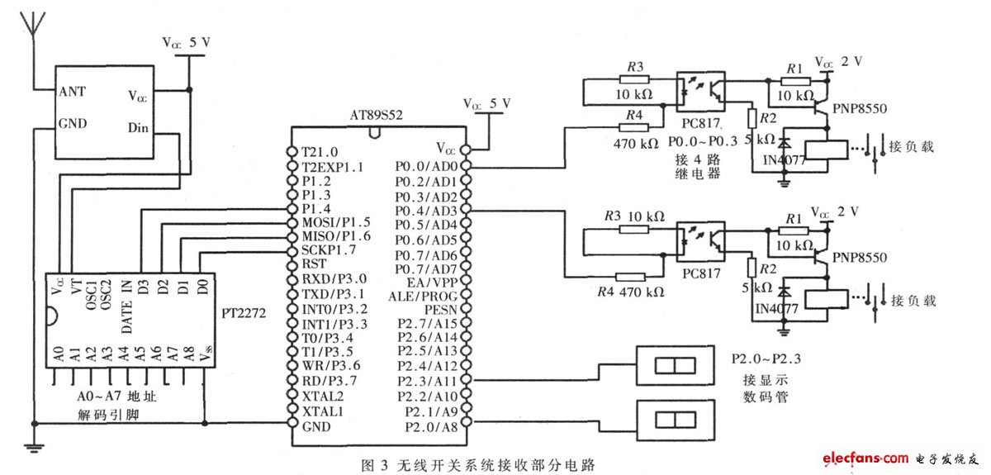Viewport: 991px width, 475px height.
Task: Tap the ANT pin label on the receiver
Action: (x=72, y=92)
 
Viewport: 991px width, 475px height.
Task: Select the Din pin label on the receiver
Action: (x=138, y=128)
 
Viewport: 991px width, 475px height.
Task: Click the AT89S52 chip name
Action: (x=376, y=116)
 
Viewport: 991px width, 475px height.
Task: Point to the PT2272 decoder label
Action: (x=244, y=313)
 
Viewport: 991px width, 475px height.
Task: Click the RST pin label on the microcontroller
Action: (x=314, y=264)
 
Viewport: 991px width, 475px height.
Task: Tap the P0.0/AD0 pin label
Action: (x=426, y=166)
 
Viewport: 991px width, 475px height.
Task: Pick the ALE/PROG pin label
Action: (x=423, y=297)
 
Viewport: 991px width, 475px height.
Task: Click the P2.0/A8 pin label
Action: (x=431, y=427)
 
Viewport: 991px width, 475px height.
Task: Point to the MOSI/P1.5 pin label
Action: (x=336, y=222)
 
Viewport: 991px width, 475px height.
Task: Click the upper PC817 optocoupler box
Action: (x=701, y=92)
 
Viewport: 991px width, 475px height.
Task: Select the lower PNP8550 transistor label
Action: (x=860, y=258)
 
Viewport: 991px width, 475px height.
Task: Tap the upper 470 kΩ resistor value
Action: (x=636, y=144)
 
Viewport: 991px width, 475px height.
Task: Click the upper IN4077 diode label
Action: (x=784, y=159)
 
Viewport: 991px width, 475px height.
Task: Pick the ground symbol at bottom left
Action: (x=34, y=447)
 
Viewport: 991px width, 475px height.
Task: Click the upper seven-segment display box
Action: (x=676, y=366)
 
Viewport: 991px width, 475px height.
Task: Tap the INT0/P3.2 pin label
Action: (x=334, y=310)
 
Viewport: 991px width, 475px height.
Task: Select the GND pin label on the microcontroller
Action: (x=316, y=427)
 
